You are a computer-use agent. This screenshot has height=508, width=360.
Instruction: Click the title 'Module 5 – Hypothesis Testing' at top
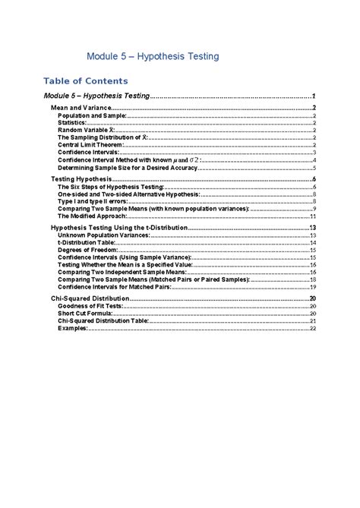coord(153,55)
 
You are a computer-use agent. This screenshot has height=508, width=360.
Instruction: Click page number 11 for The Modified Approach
coord(312,216)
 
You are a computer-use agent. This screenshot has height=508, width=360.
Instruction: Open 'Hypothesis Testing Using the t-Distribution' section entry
coord(118,228)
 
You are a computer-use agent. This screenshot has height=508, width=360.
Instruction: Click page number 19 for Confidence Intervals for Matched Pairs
coord(312,287)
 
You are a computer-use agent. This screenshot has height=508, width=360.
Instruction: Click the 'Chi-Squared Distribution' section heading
coord(87,299)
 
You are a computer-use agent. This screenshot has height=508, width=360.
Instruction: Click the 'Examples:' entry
coord(73,328)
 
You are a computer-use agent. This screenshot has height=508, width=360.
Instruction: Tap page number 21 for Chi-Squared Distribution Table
coord(312,321)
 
